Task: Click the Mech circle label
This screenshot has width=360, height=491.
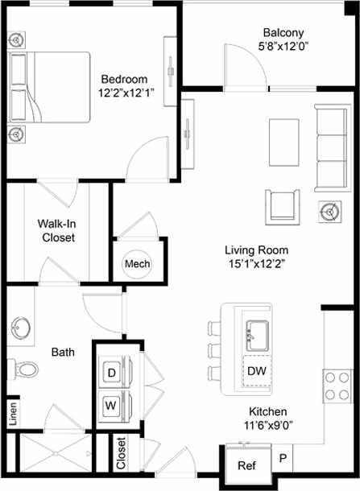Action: click(134, 264)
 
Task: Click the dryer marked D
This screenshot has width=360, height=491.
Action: click(112, 373)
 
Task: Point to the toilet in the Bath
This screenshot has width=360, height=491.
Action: click(27, 369)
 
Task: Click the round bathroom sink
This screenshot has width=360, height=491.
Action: click(22, 328)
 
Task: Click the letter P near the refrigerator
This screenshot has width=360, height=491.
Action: click(283, 458)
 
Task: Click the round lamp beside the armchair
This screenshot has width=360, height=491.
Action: click(329, 212)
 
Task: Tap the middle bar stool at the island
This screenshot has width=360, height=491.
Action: click(213, 350)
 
